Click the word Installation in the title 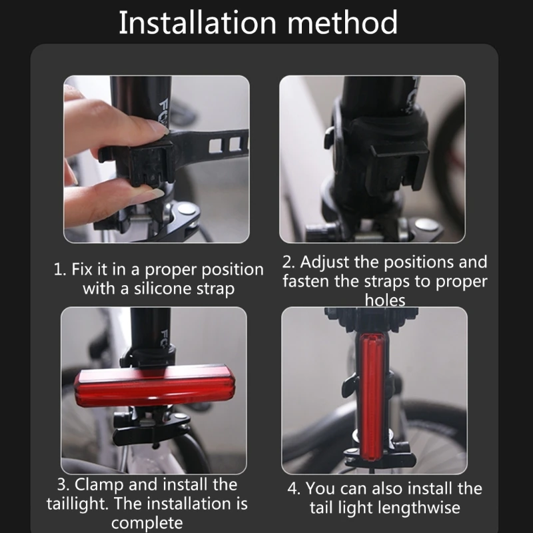click(197, 23)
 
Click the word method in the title click(342, 23)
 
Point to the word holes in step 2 click(385, 300)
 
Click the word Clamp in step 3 click(99, 484)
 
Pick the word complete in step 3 click(147, 523)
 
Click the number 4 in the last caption click(292, 489)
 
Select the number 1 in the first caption click(58, 270)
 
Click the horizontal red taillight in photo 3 click(155, 385)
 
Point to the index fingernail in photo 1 click(160, 127)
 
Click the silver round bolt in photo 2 click(426, 225)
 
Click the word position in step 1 click(232, 270)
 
